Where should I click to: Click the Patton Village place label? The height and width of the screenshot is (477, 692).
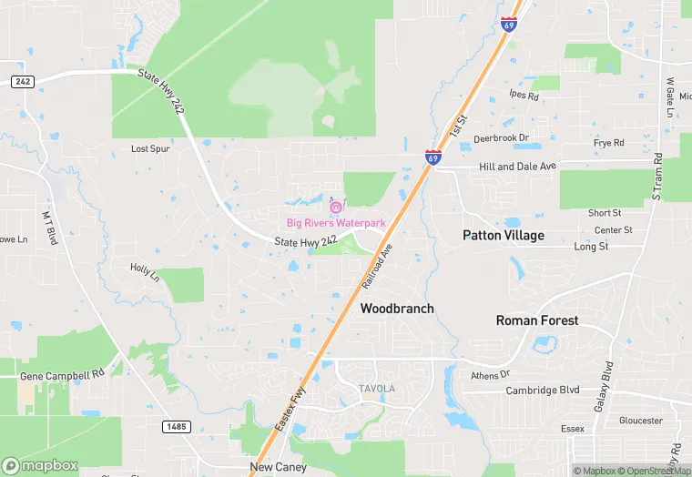click(x=504, y=236)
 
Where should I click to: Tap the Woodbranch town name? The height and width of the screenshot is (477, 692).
click(x=397, y=309)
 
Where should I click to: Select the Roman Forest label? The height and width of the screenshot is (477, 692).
click(x=537, y=320)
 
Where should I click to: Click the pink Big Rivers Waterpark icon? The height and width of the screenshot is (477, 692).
click(x=336, y=208)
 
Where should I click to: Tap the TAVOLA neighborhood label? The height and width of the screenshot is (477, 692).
click(x=376, y=389)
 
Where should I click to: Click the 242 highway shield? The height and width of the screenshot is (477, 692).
click(x=23, y=81)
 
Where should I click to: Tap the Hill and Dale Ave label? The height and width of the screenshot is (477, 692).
click(x=517, y=167)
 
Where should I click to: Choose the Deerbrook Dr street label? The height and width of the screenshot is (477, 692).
click(x=501, y=138)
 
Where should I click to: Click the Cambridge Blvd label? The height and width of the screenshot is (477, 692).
click(x=543, y=391)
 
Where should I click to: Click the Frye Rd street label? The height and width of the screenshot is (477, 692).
click(x=608, y=143)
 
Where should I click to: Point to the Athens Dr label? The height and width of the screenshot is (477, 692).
click(x=491, y=374)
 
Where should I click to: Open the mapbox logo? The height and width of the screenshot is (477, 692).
click(x=40, y=466)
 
